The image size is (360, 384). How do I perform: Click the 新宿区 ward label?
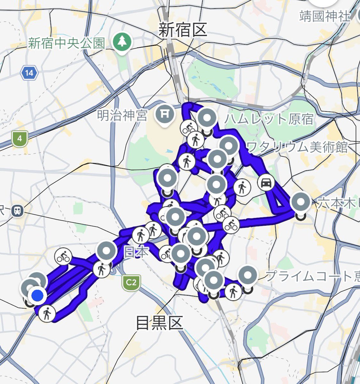tap(183, 30)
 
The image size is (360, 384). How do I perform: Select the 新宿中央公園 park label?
tap(67, 43)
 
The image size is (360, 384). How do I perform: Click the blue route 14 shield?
tap(29, 73)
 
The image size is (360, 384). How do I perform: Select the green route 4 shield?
tap(20, 139)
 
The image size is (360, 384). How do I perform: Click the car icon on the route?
tap(266, 183)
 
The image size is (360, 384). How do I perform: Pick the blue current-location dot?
tap(38, 296)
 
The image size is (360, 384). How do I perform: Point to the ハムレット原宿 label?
tap(269, 119)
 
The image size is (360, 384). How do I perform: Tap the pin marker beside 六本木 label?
tap(300, 203)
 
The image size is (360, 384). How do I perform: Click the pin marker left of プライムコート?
tap(248, 275)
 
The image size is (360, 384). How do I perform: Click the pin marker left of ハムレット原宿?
tap(207, 118)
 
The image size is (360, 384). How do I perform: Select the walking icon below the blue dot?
tap(47, 313)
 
